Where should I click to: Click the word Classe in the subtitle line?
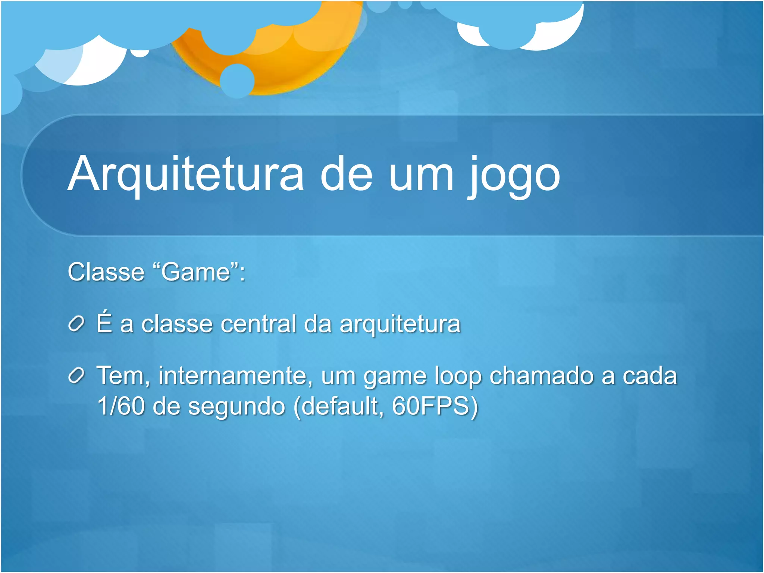click(106, 272)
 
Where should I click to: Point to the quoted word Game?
click(196, 272)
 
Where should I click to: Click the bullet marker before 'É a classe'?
click(76, 324)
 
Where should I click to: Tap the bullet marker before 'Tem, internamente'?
click(76, 376)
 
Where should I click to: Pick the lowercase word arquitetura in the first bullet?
click(400, 325)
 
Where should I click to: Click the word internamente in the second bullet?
click(235, 375)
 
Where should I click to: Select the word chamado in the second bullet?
click(541, 375)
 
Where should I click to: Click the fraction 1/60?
click(121, 406)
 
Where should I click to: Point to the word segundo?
click(237, 407)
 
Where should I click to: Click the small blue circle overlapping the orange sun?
click(237, 81)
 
